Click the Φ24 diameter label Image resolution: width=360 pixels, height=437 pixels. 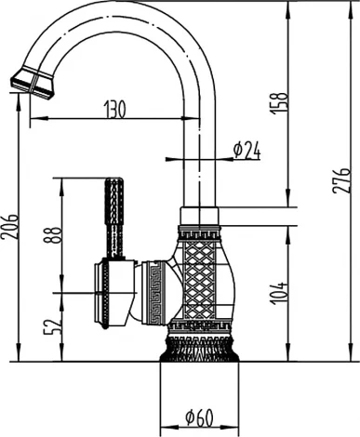pyautogui.click(x=246, y=149)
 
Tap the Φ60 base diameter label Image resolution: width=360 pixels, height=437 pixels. pyautogui.click(x=199, y=415)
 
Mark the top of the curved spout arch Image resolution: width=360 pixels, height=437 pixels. pyautogui.click(x=121, y=7)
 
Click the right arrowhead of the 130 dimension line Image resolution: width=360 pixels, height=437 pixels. pyautogui.click(x=197, y=119)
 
